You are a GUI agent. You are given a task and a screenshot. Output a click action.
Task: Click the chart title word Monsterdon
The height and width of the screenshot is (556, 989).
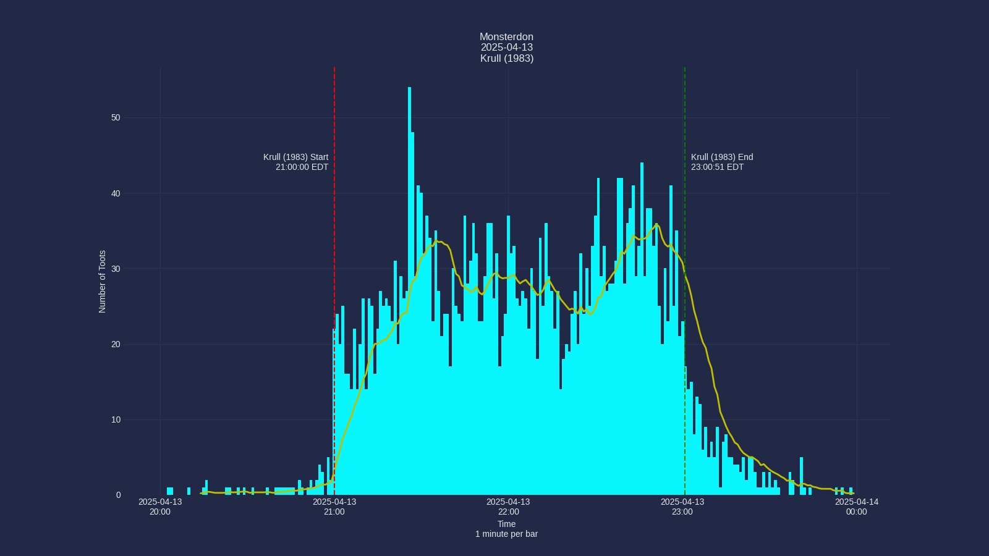pyautogui.click(x=506, y=37)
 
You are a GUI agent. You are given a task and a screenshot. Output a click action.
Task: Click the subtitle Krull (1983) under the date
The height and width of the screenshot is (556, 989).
pyautogui.click(x=506, y=59)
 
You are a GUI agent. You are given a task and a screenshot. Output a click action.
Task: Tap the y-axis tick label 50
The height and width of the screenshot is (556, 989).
pyautogui.click(x=116, y=118)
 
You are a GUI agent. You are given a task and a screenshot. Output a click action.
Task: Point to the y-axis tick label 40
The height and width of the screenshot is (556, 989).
pyautogui.click(x=116, y=193)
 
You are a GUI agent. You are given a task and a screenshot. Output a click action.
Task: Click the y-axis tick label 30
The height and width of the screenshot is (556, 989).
pyautogui.click(x=116, y=269)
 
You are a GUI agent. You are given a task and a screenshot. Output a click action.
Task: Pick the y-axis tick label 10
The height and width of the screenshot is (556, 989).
pyautogui.click(x=116, y=420)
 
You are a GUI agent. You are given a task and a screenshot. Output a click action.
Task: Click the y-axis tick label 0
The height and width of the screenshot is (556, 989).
pyautogui.click(x=118, y=495)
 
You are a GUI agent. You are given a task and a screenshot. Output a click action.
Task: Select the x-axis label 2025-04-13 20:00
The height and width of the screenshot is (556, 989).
pyautogui.click(x=160, y=507)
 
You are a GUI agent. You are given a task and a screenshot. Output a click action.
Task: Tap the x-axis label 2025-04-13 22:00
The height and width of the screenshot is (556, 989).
pyautogui.click(x=508, y=507)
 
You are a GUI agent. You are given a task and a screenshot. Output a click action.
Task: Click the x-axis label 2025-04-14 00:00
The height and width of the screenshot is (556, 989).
pyautogui.click(x=856, y=507)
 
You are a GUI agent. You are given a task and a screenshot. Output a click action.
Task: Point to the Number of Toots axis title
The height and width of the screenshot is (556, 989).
pyautogui.click(x=103, y=282)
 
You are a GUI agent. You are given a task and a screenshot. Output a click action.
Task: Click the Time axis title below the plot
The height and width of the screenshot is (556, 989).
pyautogui.click(x=506, y=524)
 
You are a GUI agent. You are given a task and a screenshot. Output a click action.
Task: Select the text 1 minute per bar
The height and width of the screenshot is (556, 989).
pyautogui.click(x=506, y=534)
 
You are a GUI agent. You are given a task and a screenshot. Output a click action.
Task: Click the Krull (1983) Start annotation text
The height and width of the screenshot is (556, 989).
pyautogui.click(x=295, y=157)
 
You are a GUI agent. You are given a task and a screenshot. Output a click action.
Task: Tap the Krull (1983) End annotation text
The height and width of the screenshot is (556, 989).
pyautogui.click(x=722, y=157)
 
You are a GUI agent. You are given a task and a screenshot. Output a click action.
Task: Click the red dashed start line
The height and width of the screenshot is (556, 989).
pyautogui.click(x=334, y=247)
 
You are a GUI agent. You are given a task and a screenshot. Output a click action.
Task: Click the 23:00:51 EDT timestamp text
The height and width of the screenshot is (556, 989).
pyautogui.click(x=717, y=167)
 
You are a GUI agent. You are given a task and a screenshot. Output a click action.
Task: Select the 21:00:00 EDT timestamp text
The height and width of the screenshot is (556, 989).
pyautogui.click(x=302, y=167)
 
